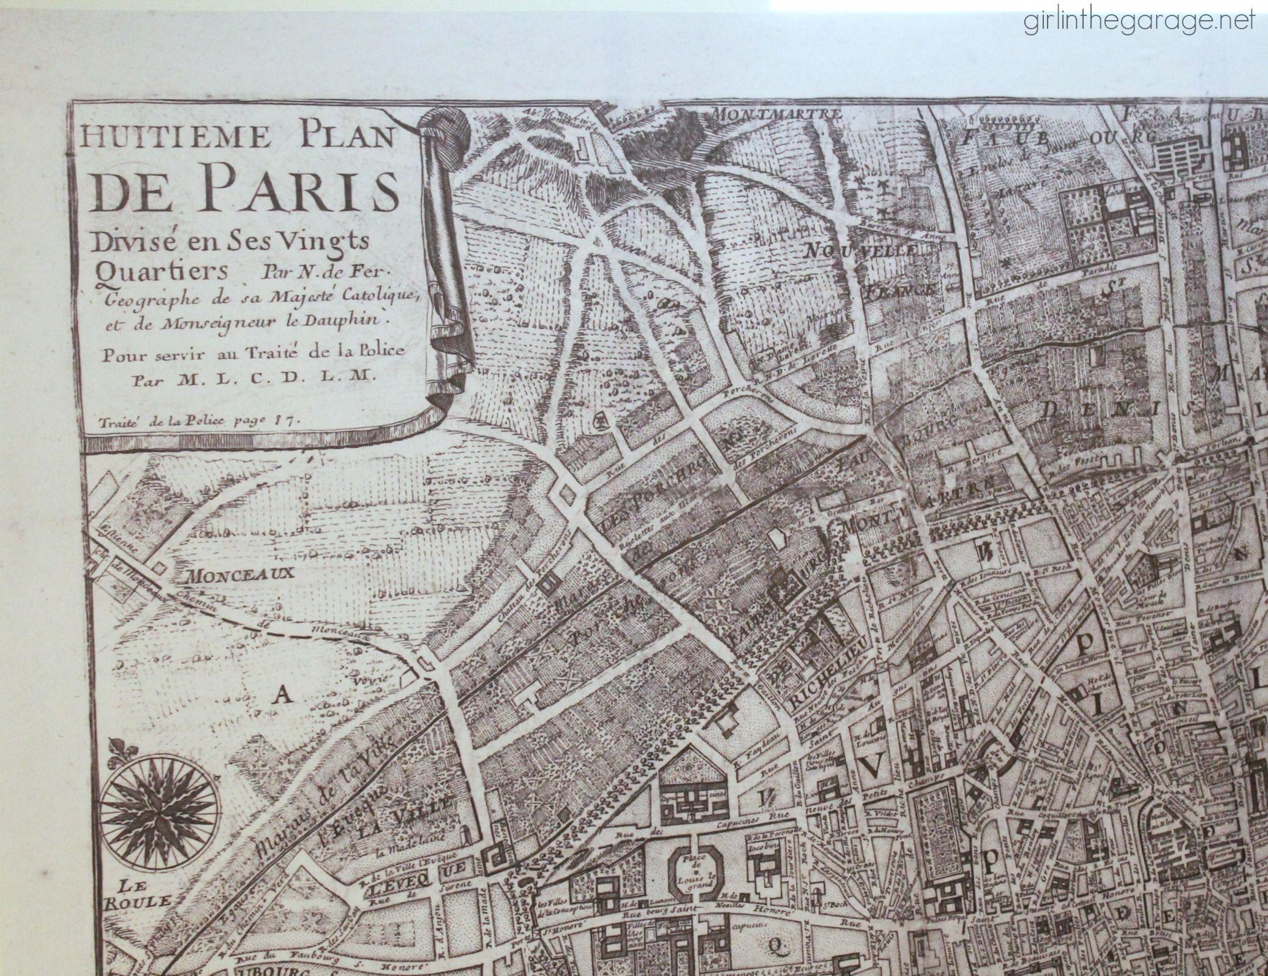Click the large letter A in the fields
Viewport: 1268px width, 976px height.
tap(282, 693)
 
